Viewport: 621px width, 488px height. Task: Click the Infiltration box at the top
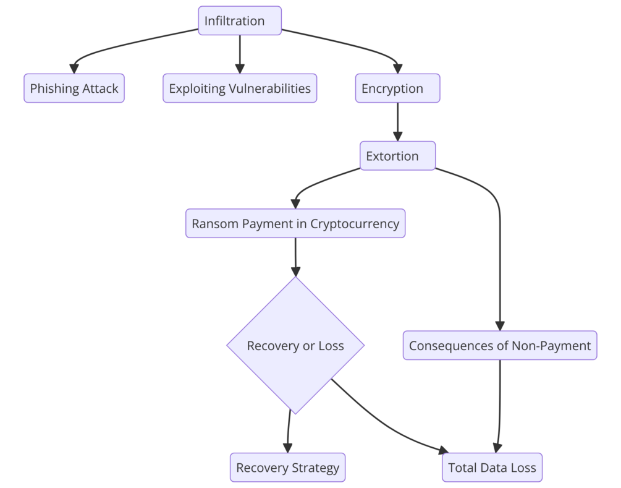coord(240,21)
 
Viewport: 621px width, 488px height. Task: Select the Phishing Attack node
coord(74,88)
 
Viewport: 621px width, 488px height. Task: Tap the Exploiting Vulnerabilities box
coord(240,88)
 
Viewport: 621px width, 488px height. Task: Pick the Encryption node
coord(397,88)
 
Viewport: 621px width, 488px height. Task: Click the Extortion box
coord(397,156)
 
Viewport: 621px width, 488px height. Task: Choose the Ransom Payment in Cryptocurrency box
coord(295,223)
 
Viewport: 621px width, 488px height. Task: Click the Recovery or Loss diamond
coord(295,345)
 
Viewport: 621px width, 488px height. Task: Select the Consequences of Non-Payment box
coord(500,345)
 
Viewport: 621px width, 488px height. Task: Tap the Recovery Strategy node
coord(287,468)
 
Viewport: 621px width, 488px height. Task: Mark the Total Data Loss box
coord(492,468)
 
